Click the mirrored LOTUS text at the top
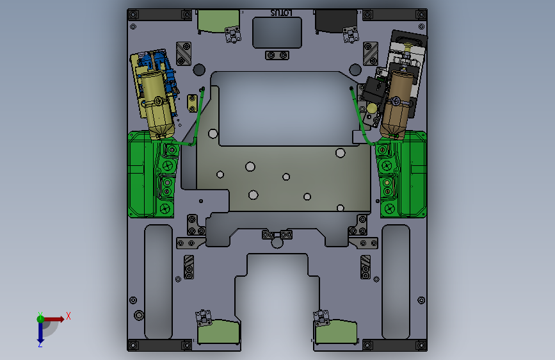pos(282,13)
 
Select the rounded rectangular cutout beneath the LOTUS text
pos(277,33)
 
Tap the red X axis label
pos(68,316)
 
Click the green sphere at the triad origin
pos(41,319)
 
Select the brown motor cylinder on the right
pos(397,102)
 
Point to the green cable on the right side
pos(360,117)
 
